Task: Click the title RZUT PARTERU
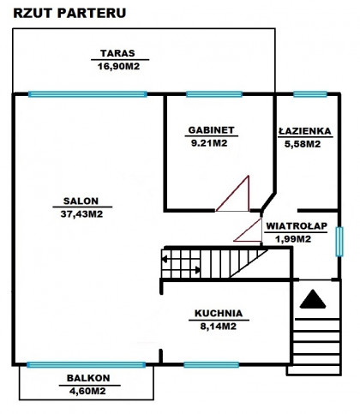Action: pyautogui.click(x=69, y=13)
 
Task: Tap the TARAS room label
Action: pyautogui.click(x=117, y=53)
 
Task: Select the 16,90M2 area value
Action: pyautogui.click(x=118, y=66)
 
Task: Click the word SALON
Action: pyautogui.click(x=81, y=201)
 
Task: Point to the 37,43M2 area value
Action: pyautogui.click(x=81, y=213)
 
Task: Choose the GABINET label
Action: pyautogui.click(x=212, y=130)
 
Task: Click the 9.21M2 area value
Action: pyautogui.click(x=209, y=143)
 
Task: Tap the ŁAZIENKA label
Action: pyautogui.click(x=305, y=130)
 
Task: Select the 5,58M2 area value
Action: pyautogui.click(x=303, y=144)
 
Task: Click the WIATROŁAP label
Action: pyautogui.click(x=297, y=225)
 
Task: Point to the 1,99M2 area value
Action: pyautogui.click(x=293, y=238)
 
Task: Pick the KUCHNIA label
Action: pyautogui.click(x=219, y=313)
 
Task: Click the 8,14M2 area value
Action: pyautogui.click(x=219, y=326)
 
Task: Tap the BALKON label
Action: pyautogui.click(x=88, y=378)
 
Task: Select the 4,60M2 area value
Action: pyautogui.click(x=87, y=391)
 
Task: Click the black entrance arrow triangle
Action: pyautogui.click(x=313, y=299)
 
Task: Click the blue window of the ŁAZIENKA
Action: pyautogui.click(x=310, y=94)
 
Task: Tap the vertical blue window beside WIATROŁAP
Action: pyautogui.click(x=339, y=242)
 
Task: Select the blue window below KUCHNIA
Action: pyautogui.click(x=211, y=364)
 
